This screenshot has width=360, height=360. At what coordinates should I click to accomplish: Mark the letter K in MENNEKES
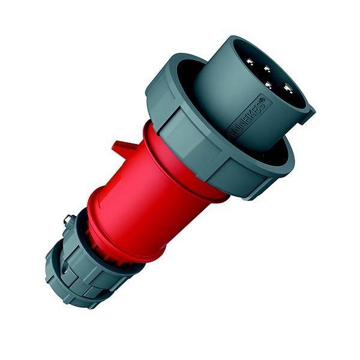(254, 111)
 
